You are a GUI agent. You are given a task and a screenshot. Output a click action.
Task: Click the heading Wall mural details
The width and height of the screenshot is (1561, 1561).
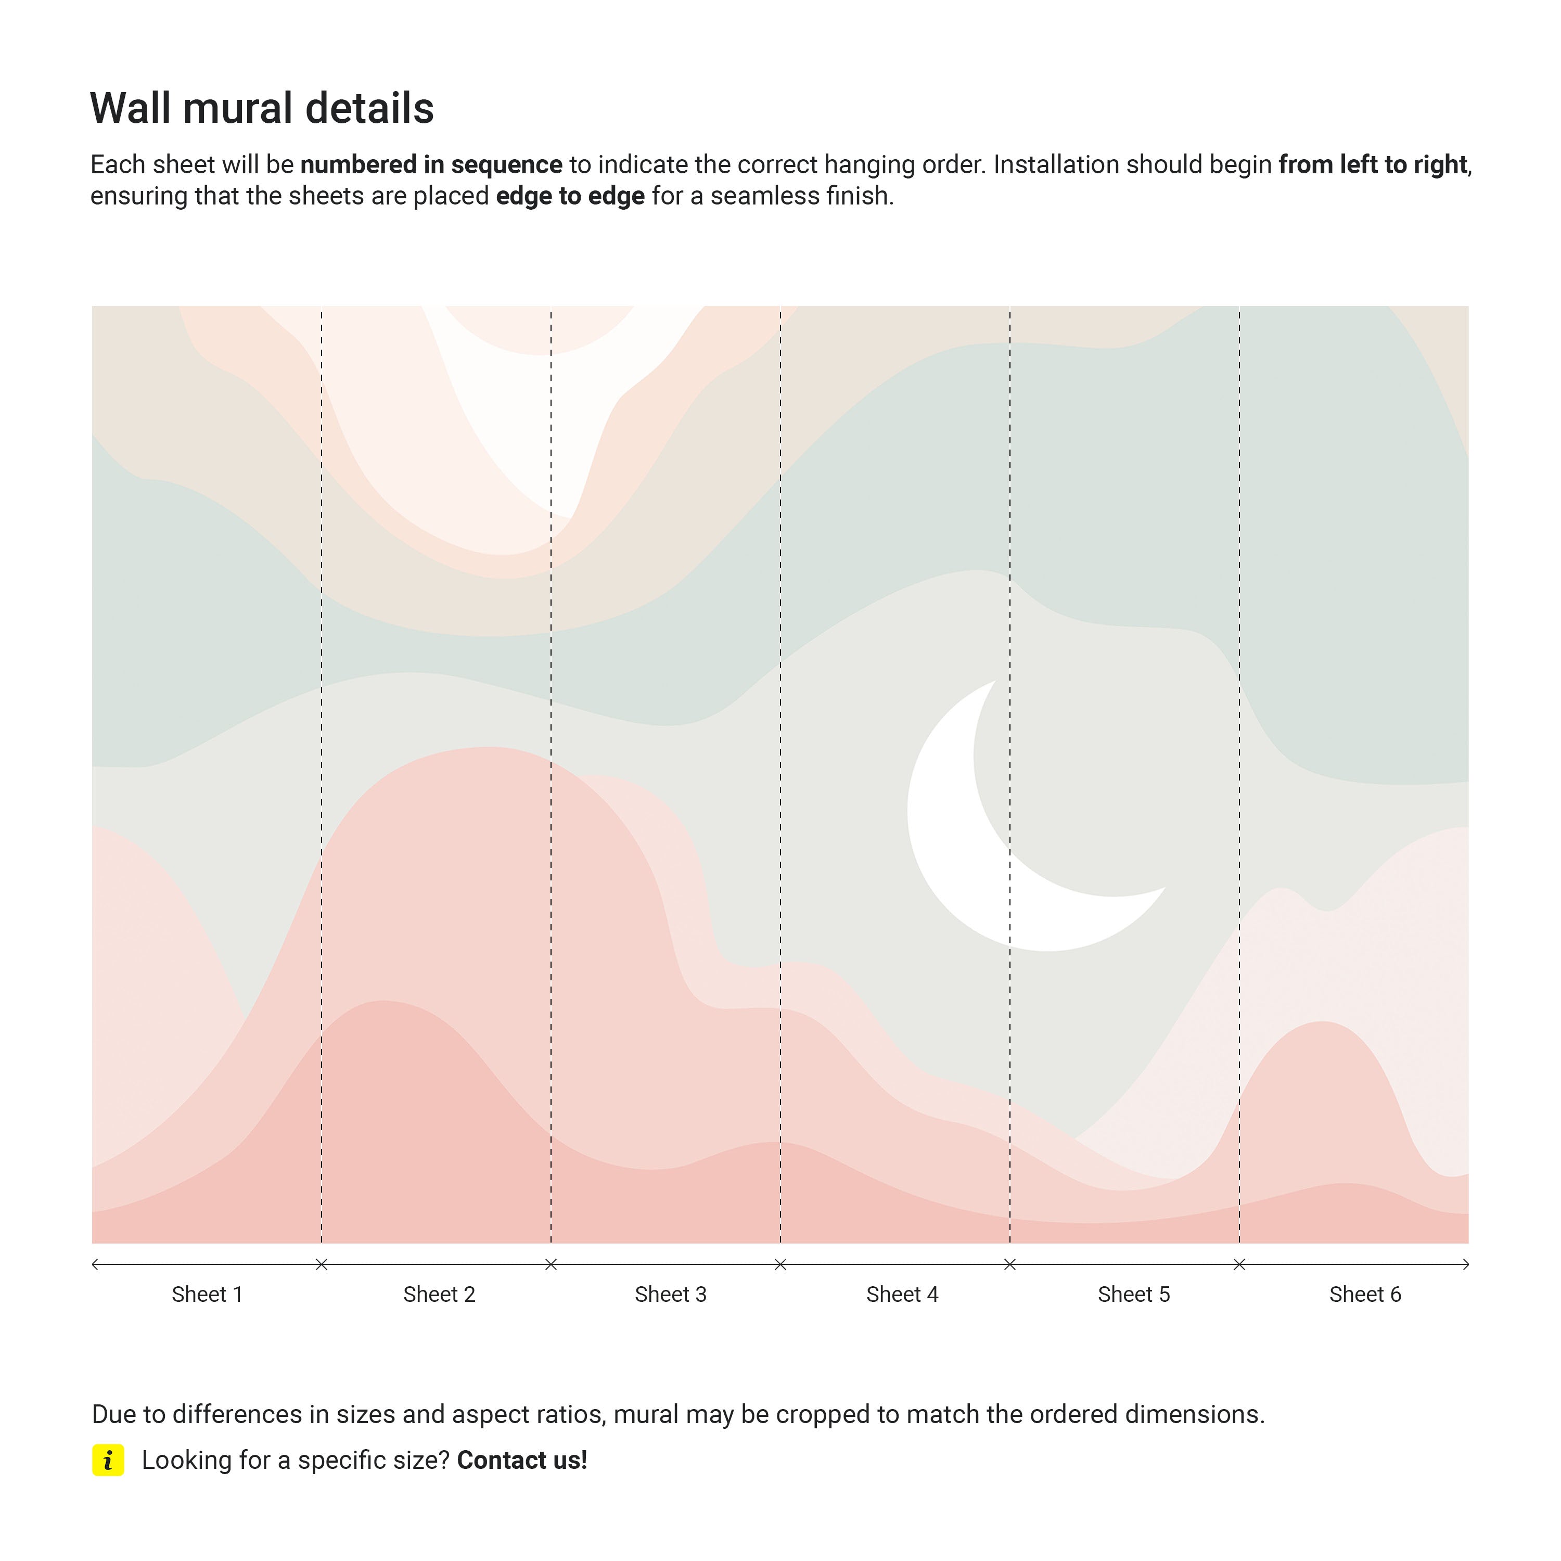(x=262, y=108)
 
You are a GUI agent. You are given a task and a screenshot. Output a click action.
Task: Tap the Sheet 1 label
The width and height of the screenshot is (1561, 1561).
(x=207, y=1295)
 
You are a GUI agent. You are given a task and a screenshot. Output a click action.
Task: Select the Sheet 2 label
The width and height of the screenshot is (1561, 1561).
(x=439, y=1295)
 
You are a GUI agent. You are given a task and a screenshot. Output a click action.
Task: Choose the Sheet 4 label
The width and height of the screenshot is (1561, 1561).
(x=902, y=1295)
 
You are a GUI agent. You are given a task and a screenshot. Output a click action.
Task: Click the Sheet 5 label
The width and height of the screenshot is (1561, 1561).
(x=1134, y=1295)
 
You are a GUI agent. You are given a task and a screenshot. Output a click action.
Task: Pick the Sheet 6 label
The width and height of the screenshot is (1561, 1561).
(x=1365, y=1295)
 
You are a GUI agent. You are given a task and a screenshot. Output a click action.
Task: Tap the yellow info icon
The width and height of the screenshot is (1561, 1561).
(x=108, y=1460)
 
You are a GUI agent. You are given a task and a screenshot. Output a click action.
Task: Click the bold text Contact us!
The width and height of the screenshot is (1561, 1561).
(x=522, y=1460)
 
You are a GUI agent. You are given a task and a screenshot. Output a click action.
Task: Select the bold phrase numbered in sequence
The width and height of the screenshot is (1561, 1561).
(x=431, y=165)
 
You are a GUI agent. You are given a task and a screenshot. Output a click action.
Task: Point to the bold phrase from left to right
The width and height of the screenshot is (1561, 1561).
(x=1372, y=165)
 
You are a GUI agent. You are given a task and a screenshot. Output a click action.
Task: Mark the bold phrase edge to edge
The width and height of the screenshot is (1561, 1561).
(x=570, y=196)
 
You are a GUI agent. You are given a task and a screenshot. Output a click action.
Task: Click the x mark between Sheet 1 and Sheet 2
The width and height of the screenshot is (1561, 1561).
(x=322, y=1264)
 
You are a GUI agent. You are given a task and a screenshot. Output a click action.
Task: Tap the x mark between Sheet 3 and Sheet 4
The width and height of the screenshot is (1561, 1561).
(x=780, y=1264)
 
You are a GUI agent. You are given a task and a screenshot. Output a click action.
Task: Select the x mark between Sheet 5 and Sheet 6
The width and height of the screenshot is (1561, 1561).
(x=1239, y=1264)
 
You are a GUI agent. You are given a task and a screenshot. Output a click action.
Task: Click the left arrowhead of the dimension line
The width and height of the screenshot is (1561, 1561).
(x=95, y=1264)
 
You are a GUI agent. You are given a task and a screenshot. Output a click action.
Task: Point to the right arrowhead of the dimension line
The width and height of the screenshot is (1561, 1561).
(x=1466, y=1264)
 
